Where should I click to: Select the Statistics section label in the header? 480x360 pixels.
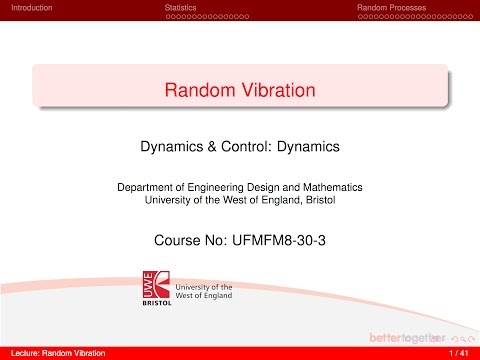[180, 7]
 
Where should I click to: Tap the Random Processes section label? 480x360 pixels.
[393, 7]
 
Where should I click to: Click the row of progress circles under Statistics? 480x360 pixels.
[206, 17]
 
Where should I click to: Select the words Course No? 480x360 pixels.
[182, 240]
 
